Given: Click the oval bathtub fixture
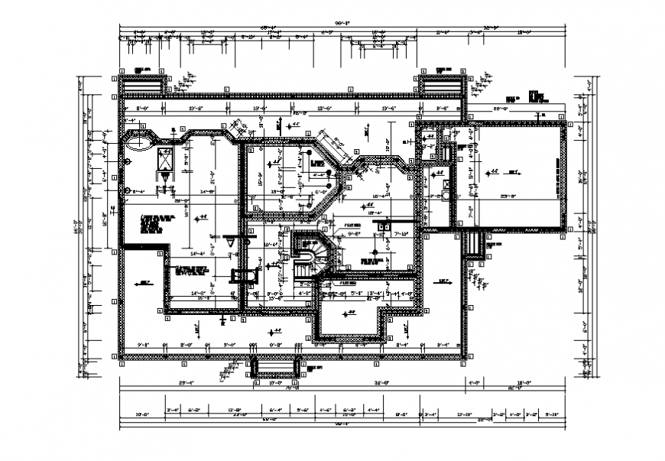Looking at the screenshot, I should click(138, 142).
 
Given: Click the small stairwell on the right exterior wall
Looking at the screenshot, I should click(474, 244).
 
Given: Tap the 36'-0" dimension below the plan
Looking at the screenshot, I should click(382, 382).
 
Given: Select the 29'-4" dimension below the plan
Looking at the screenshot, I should click(187, 382).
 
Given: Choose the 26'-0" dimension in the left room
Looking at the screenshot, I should click(181, 201).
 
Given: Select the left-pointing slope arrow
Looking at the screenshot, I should click(144, 282).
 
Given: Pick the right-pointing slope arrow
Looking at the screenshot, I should click(443, 282).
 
